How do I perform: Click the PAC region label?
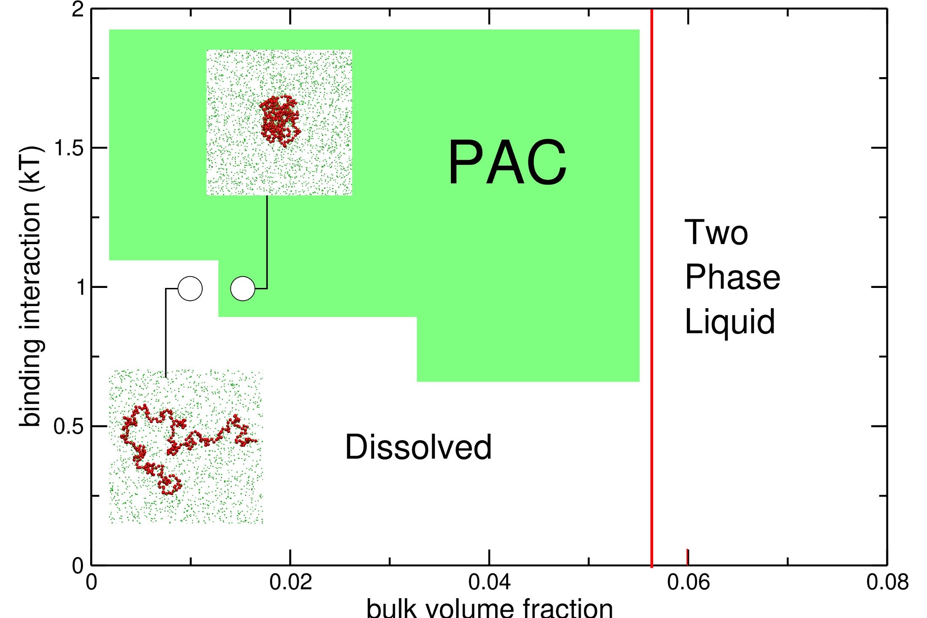507,163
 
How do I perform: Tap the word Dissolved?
418,447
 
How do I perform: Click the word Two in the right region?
716,232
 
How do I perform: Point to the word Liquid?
729,321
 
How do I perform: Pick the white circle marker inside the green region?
243,289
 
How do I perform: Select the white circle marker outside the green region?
190,289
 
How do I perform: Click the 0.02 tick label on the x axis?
290,582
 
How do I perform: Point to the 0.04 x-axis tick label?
489,582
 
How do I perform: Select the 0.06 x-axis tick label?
688,582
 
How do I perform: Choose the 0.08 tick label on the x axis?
887,582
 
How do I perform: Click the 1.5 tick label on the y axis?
70,148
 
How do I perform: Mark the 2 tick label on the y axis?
78,9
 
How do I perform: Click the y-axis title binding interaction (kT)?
30,287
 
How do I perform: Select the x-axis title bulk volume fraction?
489,608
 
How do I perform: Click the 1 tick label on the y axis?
80,287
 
